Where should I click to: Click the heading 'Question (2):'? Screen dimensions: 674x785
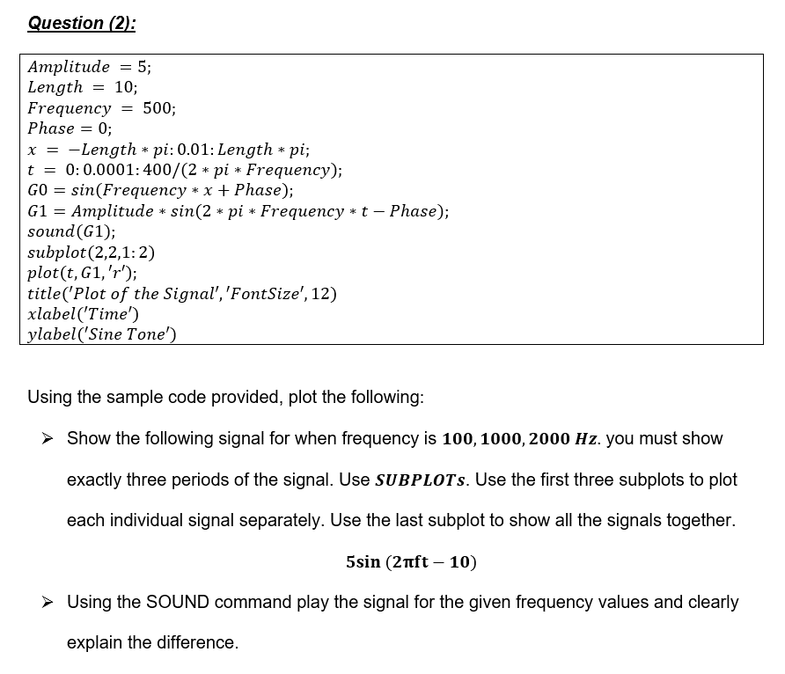tap(82, 23)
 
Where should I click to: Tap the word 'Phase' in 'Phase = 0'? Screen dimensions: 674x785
tap(51, 128)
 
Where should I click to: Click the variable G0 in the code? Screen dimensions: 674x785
tap(38, 190)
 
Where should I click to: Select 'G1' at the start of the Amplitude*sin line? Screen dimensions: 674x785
tap(38, 211)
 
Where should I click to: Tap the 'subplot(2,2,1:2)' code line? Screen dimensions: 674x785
tap(92, 253)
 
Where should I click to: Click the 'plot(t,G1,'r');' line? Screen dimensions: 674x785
tap(82, 273)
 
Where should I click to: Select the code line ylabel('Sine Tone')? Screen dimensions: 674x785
tap(102, 334)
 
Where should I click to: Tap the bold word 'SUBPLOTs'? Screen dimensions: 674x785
tap(421, 480)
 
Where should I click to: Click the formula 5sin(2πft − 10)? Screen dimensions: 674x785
tap(412, 561)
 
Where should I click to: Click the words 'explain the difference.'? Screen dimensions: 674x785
tap(152, 642)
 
